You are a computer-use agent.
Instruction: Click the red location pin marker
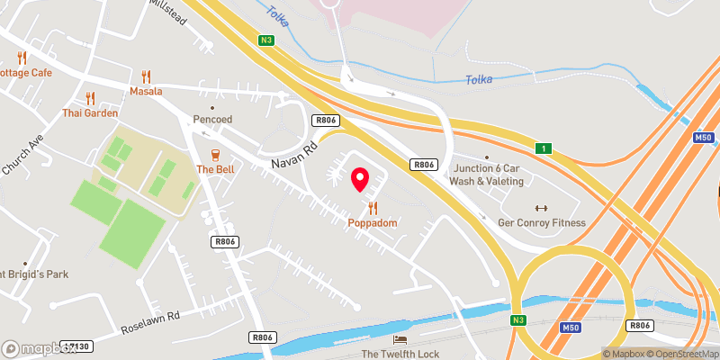[x=361, y=180]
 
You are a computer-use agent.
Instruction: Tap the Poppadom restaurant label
[x=373, y=222]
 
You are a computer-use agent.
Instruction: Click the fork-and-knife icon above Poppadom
[x=373, y=208]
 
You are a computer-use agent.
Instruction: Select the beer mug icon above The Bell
[x=215, y=155]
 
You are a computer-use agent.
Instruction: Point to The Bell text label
[x=215, y=169]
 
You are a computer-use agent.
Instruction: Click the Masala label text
[x=144, y=92]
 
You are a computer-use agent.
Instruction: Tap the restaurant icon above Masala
[x=146, y=77]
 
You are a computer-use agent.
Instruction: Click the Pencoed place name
[x=212, y=119]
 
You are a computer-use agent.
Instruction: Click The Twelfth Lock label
[x=400, y=354]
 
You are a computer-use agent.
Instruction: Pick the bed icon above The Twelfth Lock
[x=400, y=339]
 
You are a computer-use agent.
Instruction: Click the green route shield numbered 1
[x=544, y=148]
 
